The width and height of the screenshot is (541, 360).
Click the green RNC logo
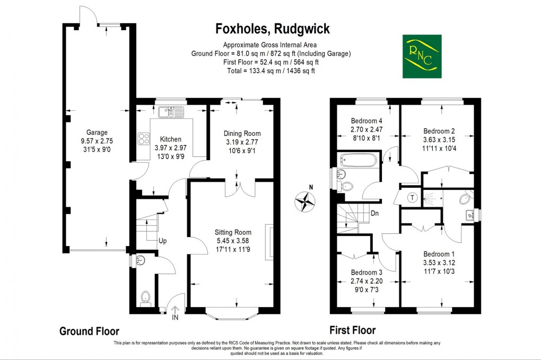422,56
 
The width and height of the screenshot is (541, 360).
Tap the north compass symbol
306,201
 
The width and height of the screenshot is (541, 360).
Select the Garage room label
97,133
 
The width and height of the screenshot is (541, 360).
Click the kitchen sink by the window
171,112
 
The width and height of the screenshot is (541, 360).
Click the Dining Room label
242,133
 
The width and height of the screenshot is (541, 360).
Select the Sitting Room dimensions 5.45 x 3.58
232,241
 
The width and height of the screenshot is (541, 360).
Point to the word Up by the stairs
162,241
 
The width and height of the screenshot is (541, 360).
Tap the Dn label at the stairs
374,214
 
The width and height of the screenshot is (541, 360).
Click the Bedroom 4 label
367,121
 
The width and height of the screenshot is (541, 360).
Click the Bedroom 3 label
367,272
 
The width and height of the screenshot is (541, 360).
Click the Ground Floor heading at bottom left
89,331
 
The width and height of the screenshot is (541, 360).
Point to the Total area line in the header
270,71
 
